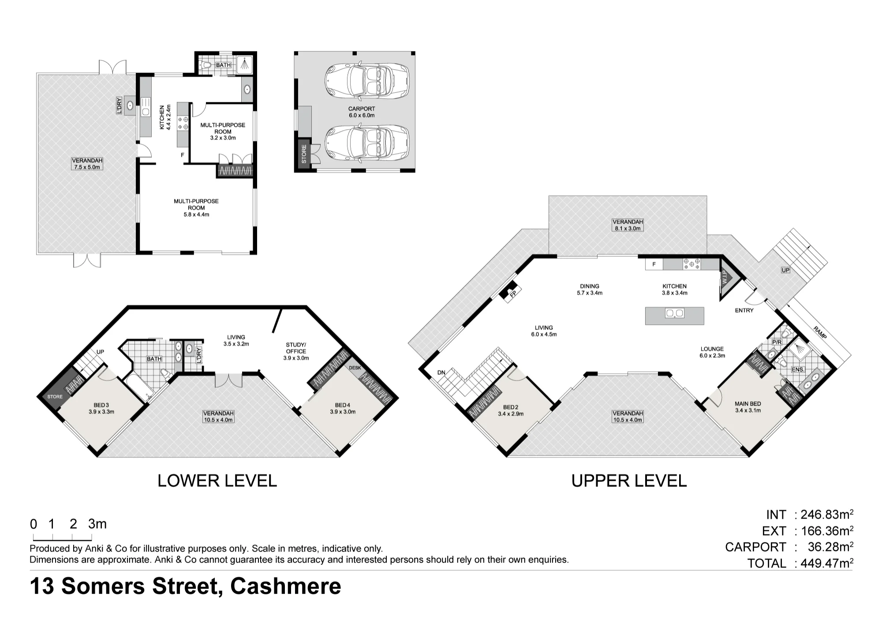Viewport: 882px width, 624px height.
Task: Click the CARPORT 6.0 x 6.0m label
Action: [362, 112]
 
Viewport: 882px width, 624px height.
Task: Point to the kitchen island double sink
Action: [674, 313]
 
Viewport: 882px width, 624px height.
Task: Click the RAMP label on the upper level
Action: [820, 332]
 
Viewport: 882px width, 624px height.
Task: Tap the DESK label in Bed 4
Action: [355, 368]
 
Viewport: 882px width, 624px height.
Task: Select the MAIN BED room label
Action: [747, 407]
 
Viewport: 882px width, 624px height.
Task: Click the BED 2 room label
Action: [511, 410]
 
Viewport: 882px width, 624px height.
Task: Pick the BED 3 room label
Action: [101, 408]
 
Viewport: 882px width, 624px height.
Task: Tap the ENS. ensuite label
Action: [798, 369]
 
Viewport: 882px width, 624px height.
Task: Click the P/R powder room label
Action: [777, 342]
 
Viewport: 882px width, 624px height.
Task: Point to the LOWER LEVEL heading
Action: [217, 481]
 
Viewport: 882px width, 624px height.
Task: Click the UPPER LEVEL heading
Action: [629, 481]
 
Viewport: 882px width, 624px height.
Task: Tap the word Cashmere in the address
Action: [286, 586]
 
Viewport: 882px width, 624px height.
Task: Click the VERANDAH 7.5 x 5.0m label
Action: [87, 164]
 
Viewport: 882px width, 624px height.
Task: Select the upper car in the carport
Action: [367, 80]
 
